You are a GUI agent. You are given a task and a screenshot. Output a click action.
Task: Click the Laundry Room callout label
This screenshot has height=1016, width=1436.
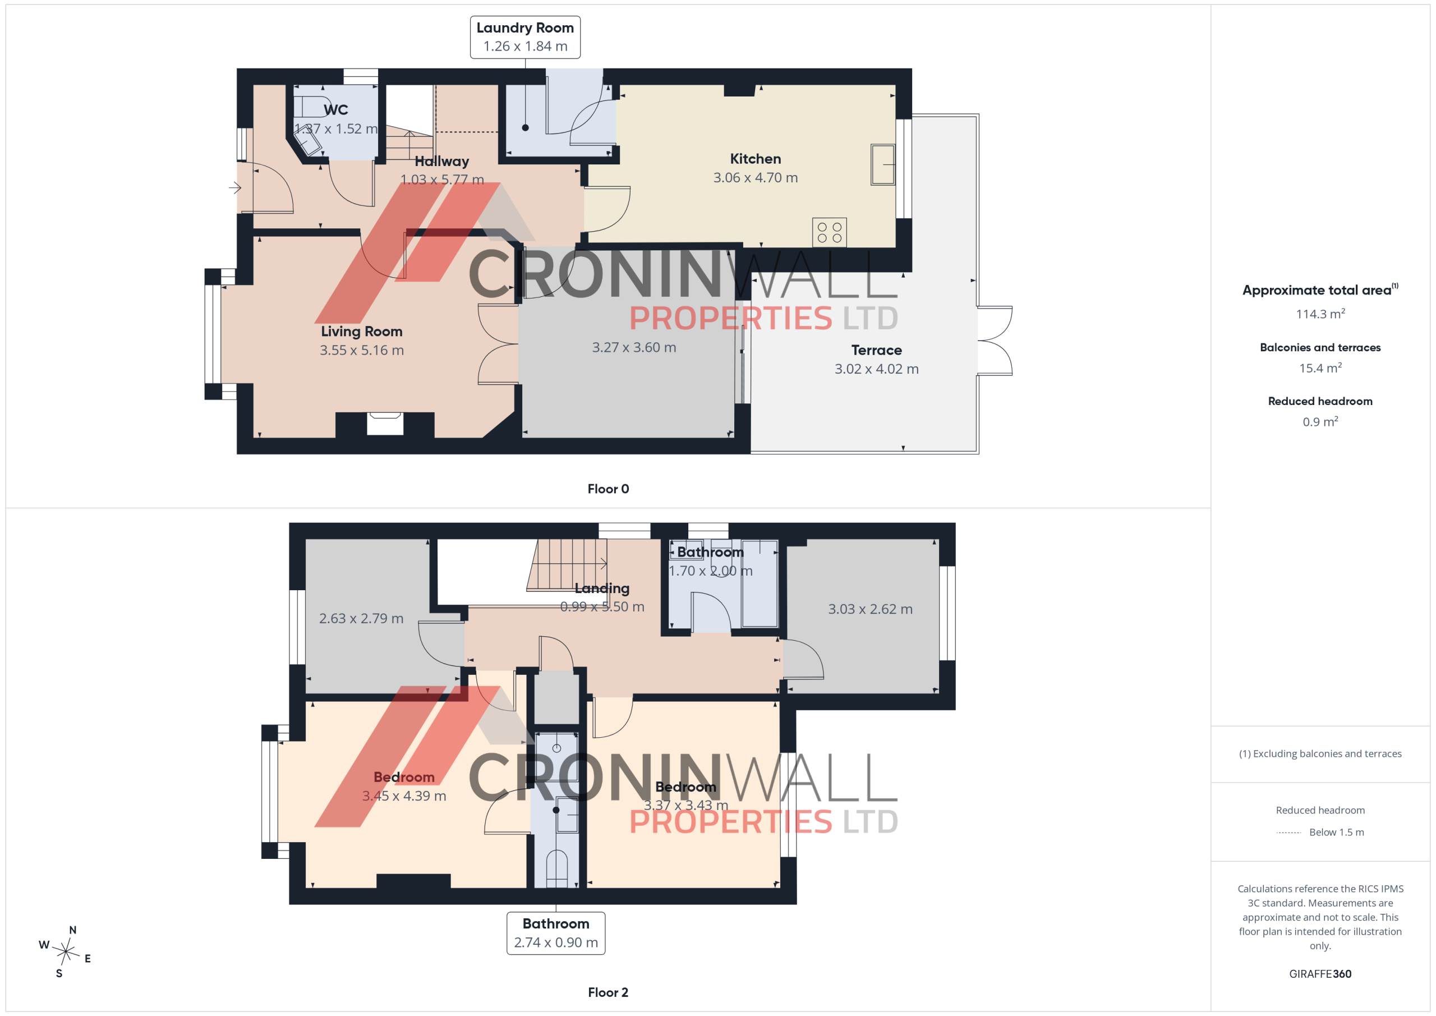(524, 37)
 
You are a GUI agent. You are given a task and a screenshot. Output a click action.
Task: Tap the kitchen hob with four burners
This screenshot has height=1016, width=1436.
(829, 232)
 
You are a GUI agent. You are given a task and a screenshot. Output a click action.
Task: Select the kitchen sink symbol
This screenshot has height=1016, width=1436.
(882, 164)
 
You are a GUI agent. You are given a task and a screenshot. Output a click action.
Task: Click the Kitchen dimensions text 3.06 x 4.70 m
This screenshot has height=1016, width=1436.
(756, 178)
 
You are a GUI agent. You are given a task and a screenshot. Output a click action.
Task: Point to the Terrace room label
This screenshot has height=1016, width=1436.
(876, 350)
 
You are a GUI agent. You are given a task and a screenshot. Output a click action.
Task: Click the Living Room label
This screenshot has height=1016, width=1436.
(361, 332)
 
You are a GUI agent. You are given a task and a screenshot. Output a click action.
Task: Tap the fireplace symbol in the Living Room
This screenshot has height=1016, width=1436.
(385, 424)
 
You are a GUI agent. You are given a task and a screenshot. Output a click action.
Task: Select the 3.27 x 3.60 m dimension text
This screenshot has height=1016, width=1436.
(634, 347)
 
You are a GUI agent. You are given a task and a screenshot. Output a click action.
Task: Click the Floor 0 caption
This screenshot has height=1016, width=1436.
(608, 489)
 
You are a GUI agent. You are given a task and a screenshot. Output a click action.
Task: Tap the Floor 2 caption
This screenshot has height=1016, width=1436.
(608, 992)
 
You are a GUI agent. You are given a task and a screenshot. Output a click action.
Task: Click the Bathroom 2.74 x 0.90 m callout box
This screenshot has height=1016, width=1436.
(556, 933)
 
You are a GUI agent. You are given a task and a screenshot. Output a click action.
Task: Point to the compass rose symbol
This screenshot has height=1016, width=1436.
(66, 951)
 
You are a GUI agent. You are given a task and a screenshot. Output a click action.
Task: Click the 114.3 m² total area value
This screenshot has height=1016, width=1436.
(1320, 314)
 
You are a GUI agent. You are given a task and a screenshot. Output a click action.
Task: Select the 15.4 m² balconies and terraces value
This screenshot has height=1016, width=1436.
(1320, 368)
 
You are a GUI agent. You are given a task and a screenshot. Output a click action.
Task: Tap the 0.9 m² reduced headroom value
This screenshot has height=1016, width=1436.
(1320, 422)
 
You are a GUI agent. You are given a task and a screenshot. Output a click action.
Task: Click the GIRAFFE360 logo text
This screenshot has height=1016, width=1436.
(1320, 973)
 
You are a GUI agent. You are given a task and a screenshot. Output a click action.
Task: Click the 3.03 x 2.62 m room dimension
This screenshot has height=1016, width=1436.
(870, 609)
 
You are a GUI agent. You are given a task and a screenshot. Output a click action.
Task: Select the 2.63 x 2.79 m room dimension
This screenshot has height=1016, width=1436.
(361, 618)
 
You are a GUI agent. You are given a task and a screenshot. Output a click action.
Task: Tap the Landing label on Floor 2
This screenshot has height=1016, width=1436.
(602, 588)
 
